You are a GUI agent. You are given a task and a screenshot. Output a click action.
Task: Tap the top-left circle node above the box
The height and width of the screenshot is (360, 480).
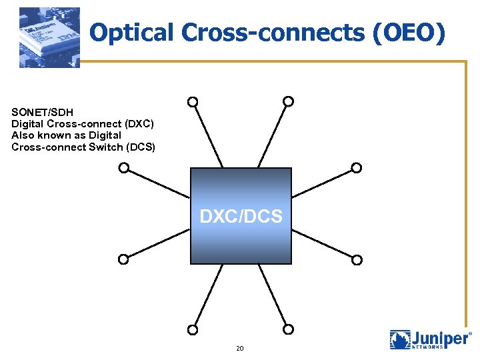point(192,102)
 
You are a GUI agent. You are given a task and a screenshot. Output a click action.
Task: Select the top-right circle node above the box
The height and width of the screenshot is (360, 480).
point(288,101)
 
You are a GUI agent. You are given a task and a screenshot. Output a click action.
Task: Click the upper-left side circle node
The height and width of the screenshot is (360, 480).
point(123,168)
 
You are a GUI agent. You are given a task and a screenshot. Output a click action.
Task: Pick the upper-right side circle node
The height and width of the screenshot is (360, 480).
point(357,168)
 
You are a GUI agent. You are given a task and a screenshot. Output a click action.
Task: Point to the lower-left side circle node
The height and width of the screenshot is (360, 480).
point(123,259)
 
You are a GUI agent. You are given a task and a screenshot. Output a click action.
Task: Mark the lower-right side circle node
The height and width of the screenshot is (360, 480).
point(357,259)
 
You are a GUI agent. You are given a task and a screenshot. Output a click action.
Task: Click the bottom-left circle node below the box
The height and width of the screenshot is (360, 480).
point(192,329)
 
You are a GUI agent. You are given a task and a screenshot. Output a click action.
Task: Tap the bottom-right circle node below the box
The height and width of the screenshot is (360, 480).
point(288,329)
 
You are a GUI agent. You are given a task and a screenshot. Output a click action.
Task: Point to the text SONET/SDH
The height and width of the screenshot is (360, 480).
point(42,113)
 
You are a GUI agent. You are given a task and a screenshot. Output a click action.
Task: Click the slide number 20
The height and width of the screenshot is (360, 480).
point(240,349)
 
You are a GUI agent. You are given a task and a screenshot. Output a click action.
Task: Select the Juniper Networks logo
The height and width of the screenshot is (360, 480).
point(430,339)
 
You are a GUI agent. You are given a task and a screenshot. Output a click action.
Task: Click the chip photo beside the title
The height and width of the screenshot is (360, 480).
point(49,37)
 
